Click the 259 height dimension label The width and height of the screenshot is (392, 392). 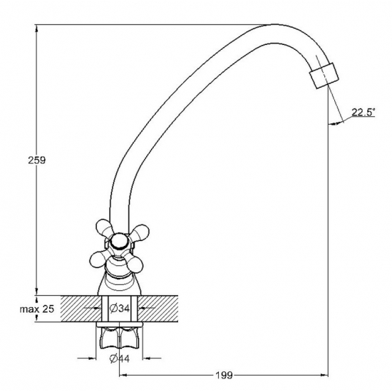click(37, 160)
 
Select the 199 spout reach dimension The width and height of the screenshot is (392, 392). click(224, 375)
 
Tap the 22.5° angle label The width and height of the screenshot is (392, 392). click(363, 112)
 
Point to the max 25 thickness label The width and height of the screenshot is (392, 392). click(37, 309)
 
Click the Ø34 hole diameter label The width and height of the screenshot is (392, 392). click(120, 309)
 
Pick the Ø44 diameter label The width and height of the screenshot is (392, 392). click(120, 359)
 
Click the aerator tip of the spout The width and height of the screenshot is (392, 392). click(324, 76)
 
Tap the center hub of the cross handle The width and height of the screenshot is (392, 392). click(120, 241)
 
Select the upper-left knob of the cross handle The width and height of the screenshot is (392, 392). click(104, 227)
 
